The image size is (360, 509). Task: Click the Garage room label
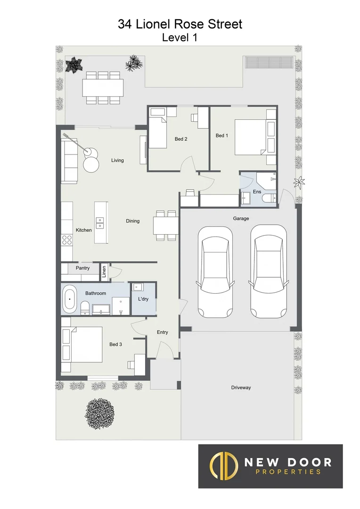click(x=241, y=218)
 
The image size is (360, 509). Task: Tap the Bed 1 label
click(x=221, y=136)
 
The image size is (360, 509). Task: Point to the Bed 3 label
click(x=115, y=345)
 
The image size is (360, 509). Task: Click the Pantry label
click(x=83, y=268)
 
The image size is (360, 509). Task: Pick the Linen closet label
click(x=104, y=271)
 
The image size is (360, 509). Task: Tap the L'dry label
click(x=143, y=299)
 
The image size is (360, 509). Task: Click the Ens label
click(x=257, y=192)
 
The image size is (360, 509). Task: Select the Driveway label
click(x=241, y=387)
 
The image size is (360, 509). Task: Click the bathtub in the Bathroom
click(x=70, y=299)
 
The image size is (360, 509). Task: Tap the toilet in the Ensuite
click(x=269, y=199)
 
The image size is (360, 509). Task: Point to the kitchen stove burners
click(x=67, y=240)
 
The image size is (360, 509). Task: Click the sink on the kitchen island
click(x=100, y=222)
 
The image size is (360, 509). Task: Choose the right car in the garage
click(x=268, y=271)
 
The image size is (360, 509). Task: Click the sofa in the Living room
click(x=70, y=161)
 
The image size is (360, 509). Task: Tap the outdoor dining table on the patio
click(x=103, y=88)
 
